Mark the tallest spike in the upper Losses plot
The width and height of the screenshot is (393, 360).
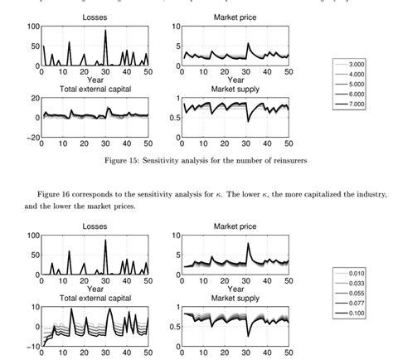coord(106,32)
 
